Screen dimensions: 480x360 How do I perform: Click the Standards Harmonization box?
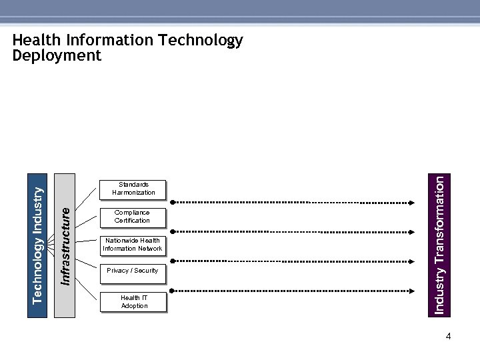pos(133,189)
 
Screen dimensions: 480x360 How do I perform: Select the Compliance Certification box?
pos(132,217)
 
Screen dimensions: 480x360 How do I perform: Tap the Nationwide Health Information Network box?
pos(132,245)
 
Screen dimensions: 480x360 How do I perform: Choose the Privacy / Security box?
pos(132,271)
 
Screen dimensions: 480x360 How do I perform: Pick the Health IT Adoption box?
pos(134,302)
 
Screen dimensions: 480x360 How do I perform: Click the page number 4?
pos(449,337)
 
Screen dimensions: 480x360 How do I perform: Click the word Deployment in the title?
pos(57,56)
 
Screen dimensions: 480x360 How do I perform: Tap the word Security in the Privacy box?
pos(146,271)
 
